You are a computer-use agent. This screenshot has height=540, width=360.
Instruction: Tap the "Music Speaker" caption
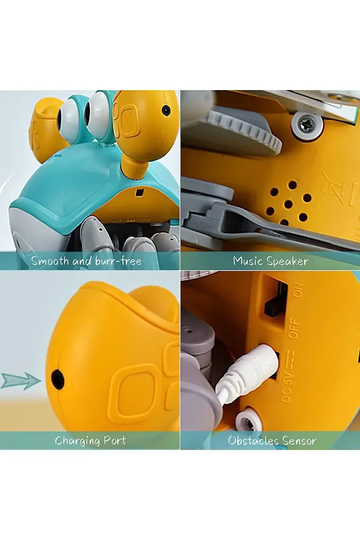270,261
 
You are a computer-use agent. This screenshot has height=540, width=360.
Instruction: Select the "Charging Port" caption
90,440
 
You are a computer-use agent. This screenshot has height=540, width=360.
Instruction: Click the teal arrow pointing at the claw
20,381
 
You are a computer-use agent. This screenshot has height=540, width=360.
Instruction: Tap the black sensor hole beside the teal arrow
57,378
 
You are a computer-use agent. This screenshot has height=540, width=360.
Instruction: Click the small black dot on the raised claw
166,109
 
